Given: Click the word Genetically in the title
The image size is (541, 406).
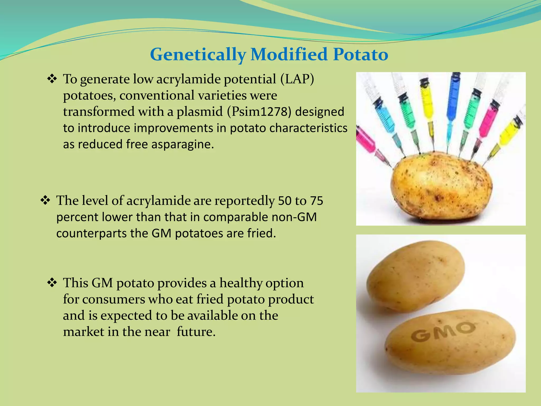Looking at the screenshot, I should click(x=198, y=55).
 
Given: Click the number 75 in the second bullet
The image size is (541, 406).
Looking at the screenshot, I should click(x=316, y=201).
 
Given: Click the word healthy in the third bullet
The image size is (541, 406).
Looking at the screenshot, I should click(x=241, y=283).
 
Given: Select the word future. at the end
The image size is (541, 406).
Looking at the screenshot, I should click(x=196, y=332).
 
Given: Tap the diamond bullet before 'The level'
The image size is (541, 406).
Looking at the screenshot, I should click(x=45, y=200).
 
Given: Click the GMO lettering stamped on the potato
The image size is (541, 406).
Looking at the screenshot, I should click(x=443, y=332).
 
